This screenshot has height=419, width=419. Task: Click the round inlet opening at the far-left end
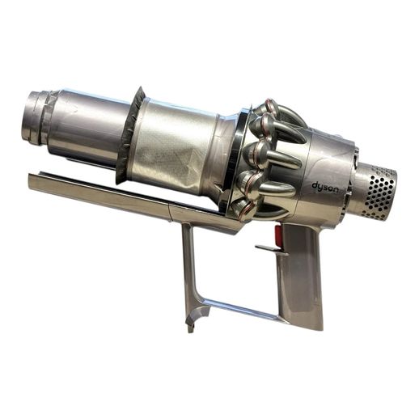32,116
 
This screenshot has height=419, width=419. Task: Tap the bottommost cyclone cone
244,208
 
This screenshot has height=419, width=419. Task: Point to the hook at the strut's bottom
195,318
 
